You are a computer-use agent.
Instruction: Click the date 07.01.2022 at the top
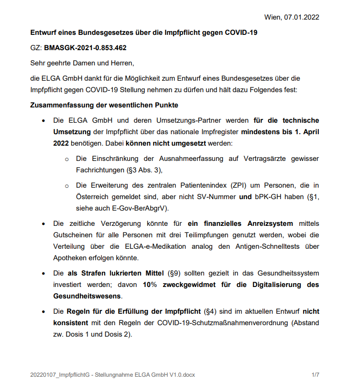pos(301,17)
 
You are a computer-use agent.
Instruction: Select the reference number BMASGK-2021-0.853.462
pos(85,48)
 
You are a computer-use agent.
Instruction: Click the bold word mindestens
pos(262,131)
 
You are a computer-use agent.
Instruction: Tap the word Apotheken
pos(70,257)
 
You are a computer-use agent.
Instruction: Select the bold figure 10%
pos(151,285)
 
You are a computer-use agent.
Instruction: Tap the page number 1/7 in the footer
pos(315,374)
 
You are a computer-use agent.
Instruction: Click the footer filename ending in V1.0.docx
pos(112,374)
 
